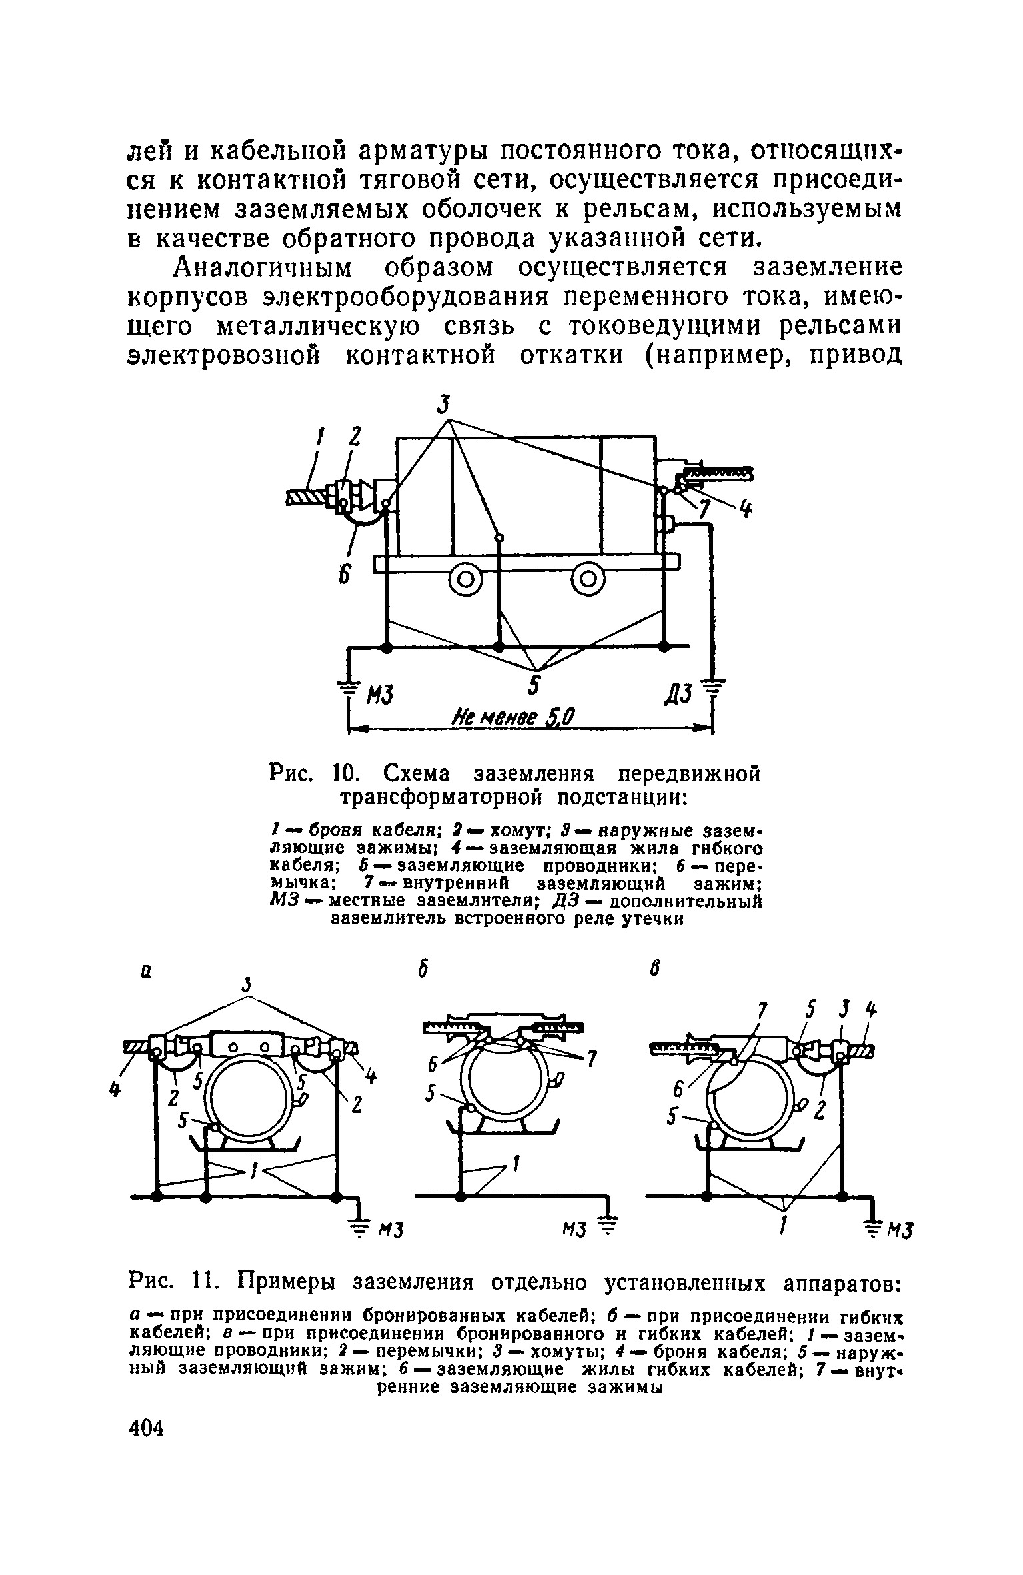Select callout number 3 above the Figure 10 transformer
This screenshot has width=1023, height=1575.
tap(445, 405)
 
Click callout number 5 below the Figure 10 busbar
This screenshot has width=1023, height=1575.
tap(535, 688)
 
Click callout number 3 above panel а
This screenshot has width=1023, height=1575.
tap(247, 985)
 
